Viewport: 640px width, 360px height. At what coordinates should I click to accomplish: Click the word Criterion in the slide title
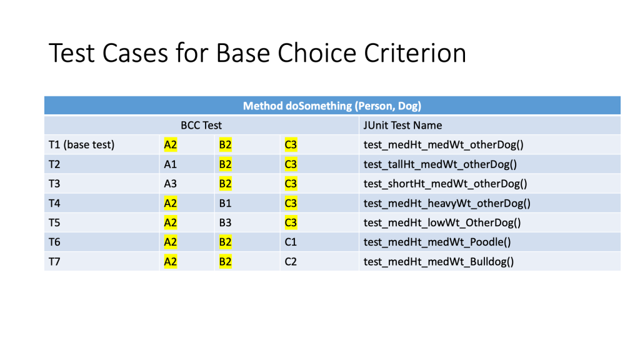[x=415, y=53]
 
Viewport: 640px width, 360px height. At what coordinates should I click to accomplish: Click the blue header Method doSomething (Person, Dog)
[x=332, y=106]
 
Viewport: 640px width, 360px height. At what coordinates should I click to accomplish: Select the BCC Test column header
[x=201, y=125]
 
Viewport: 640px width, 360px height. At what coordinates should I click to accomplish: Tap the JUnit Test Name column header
[x=402, y=125]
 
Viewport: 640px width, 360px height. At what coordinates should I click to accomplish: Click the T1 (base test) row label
[x=82, y=145]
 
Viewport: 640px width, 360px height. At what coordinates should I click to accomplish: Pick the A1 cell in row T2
[x=170, y=164]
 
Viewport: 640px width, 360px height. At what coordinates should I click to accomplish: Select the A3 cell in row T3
[x=170, y=184]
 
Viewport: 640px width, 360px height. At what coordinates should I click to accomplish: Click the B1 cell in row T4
[x=225, y=203]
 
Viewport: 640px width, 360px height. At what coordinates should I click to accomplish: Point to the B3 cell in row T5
[x=225, y=223]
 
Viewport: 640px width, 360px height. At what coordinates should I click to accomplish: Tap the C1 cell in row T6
[x=291, y=242]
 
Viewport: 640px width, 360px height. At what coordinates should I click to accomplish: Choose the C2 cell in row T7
[x=291, y=262]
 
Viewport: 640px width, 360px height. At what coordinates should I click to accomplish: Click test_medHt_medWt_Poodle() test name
[x=437, y=242]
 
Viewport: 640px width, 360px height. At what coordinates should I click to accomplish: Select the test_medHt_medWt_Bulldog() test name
[x=439, y=262]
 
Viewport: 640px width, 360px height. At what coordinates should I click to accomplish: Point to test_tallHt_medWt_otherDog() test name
[x=441, y=164]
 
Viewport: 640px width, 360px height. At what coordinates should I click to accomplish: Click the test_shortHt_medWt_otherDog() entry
[x=445, y=184]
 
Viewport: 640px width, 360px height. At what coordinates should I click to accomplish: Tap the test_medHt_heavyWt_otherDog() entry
[x=447, y=204]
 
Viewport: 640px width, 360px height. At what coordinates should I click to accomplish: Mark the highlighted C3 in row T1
[x=291, y=145]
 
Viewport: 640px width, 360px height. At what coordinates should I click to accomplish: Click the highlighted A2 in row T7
[x=171, y=262]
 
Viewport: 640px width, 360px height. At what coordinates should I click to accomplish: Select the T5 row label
[x=54, y=223]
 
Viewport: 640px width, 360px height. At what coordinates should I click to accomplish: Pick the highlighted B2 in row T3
[x=225, y=184]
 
